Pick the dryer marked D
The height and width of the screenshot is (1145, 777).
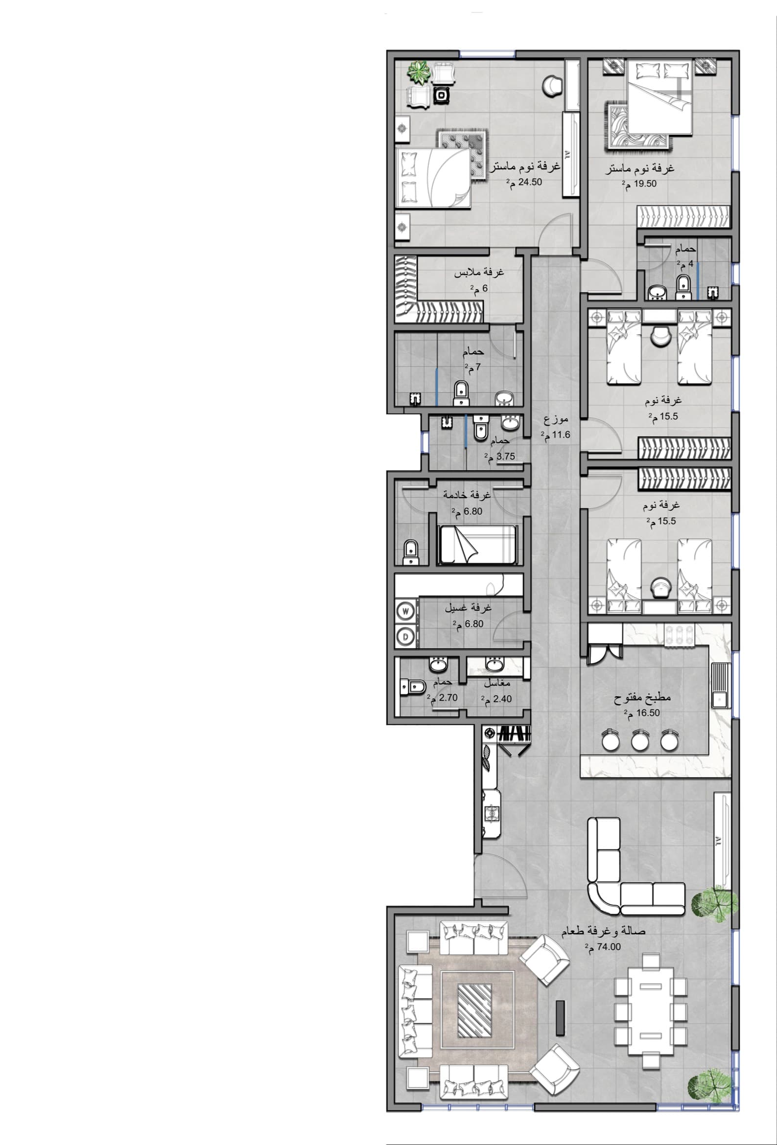pyautogui.click(x=406, y=636)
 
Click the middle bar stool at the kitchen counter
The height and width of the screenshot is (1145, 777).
pyautogui.click(x=639, y=739)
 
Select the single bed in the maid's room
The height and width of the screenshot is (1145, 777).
pyautogui.click(x=478, y=545)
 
